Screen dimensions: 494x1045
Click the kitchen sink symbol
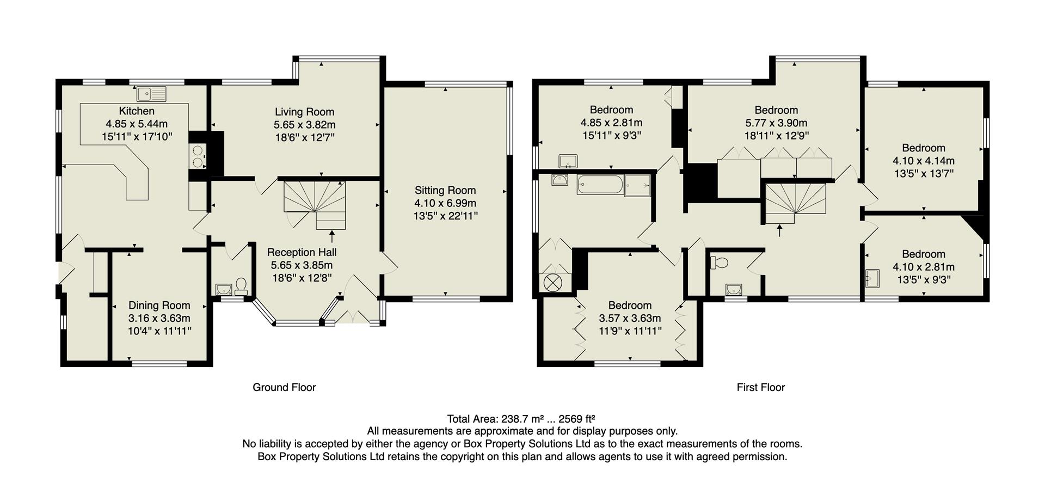(x=151, y=94)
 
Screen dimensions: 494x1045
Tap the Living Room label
(x=304, y=112)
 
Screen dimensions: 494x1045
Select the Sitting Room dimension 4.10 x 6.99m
(x=445, y=203)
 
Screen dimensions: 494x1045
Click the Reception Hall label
(x=302, y=252)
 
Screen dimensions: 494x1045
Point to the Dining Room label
(x=159, y=306)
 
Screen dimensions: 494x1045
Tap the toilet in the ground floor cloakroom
(x=241, y=286)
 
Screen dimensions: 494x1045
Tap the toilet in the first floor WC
(x=720, y=263)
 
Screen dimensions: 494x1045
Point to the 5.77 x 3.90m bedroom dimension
(x=776, y=123)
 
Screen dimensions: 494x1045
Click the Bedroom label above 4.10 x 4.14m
(x=924, y=148)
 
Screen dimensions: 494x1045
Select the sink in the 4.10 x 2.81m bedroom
(x=872, y=278)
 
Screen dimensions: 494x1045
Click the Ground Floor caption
(x=284, y=387)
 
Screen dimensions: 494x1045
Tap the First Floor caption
(x=760, y=387)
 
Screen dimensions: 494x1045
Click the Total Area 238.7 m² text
(x=521, y=419)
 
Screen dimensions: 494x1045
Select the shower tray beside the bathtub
(x=637, y=185)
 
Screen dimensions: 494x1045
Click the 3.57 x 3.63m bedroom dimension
(x=630, y=318)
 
